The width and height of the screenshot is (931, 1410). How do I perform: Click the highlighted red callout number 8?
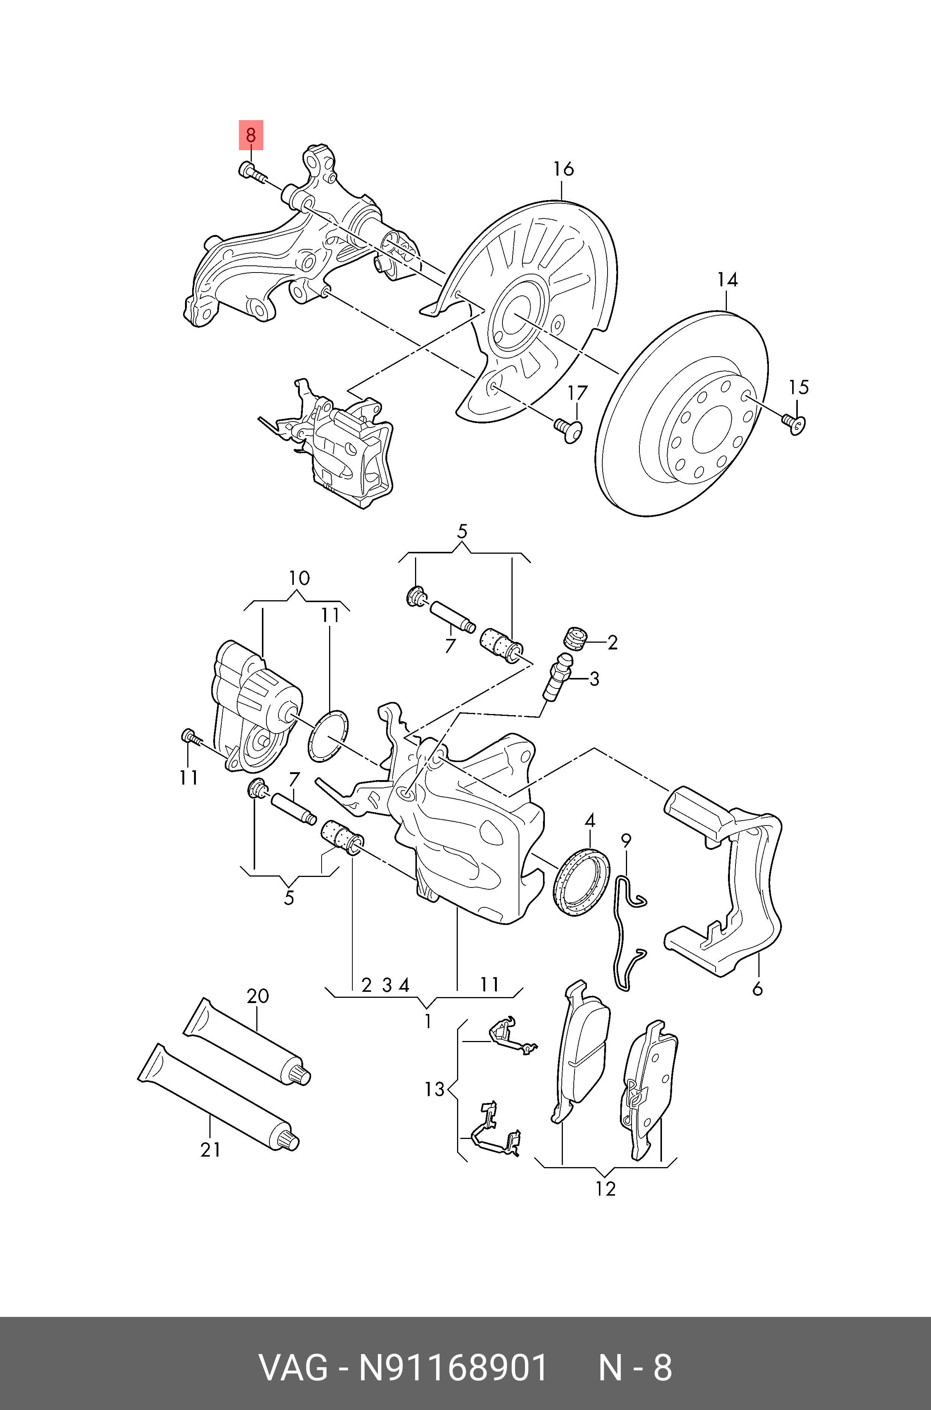point(251,136)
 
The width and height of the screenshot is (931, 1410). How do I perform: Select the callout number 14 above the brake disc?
point(727,279)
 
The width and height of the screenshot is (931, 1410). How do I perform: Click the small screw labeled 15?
point(794,423)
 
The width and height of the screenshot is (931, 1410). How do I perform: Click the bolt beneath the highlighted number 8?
point(251,172)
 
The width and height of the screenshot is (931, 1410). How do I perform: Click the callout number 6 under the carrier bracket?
point(757,989)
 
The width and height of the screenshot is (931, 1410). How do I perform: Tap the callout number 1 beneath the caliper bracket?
point(427,1021)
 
